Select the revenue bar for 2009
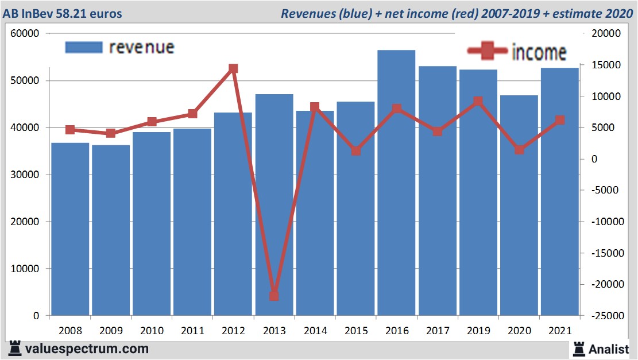111,230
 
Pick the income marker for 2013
274,296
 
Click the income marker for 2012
233,69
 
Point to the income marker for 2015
355,151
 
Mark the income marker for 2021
560,120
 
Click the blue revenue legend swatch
83,47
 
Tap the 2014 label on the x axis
315,331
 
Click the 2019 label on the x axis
478,331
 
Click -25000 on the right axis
605,316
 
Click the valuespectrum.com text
86,349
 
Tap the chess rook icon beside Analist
578,348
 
